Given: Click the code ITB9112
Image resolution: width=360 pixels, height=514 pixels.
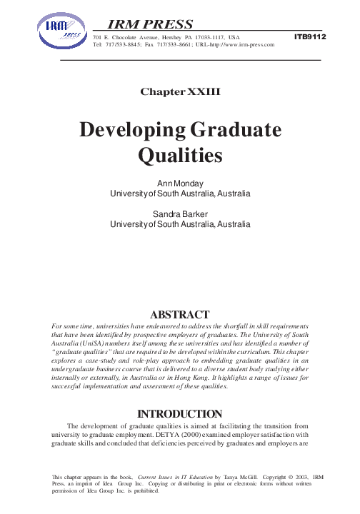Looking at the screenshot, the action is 309,35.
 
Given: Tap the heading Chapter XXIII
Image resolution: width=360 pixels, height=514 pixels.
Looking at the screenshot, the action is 180,92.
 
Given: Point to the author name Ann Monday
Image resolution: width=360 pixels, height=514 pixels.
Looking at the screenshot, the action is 180,183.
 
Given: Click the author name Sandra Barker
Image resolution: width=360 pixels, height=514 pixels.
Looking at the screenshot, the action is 180,213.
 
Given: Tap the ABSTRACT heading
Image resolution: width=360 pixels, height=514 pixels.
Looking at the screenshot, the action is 180,313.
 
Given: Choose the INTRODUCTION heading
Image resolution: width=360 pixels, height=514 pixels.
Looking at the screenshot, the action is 180,413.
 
